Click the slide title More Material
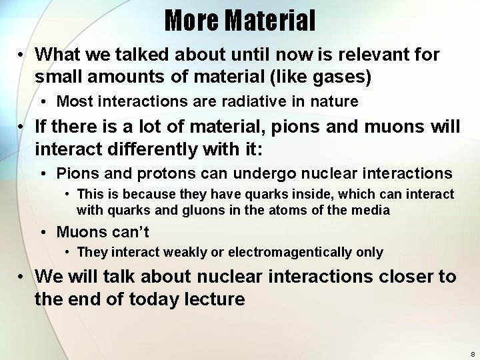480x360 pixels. click(240, 21)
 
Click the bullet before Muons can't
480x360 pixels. click(43, 232)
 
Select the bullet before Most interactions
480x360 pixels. click(43, 101)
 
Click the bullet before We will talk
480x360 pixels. click(21, 276)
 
